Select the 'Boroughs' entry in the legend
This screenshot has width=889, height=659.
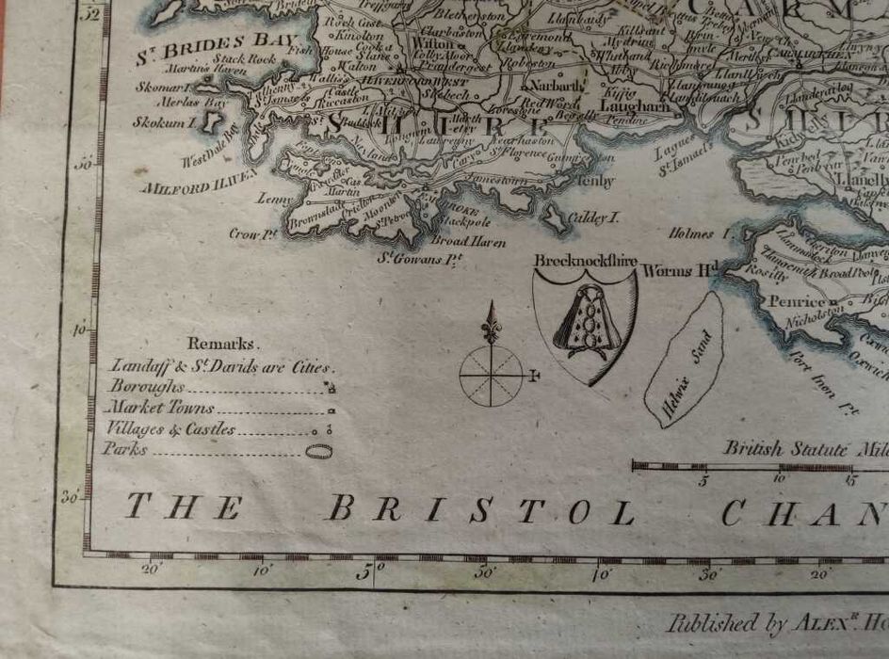(145, 387)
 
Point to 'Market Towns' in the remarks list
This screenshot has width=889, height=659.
(160, 409)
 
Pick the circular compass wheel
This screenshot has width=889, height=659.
(492, 375)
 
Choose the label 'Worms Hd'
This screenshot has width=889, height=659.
(680, 271)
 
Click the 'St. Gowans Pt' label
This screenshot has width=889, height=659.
(420, 256)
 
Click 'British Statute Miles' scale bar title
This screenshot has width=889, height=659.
(805, 449)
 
